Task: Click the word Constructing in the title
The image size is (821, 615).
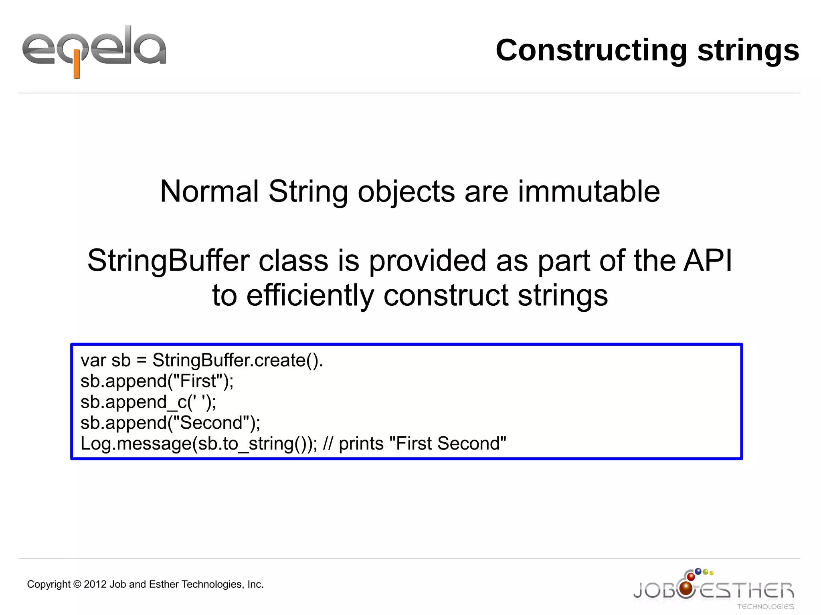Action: point(591,50)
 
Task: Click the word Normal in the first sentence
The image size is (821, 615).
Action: point(209,192)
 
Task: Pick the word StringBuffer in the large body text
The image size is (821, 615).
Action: point(168,261)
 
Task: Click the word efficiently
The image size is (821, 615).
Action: point(309,295)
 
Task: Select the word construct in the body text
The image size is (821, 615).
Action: point(445,295)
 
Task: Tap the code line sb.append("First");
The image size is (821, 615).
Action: point(157,381)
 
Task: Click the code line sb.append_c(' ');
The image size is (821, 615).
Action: point(148,402)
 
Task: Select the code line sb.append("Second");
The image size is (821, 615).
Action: point(170,423)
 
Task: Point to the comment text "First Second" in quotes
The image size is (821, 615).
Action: point(447,444)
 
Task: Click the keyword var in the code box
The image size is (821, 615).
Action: point(93,360)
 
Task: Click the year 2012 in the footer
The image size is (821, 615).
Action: point(95,584)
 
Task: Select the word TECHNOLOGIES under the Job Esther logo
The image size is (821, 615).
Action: point(765,607)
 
